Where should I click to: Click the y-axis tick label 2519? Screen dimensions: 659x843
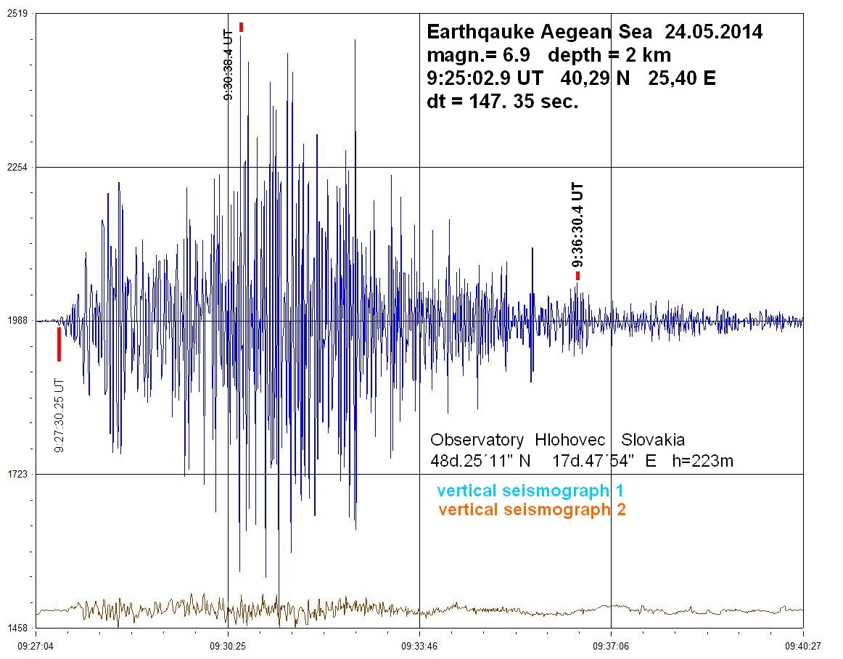point(16,14)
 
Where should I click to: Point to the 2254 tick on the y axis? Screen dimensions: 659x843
point(16,168)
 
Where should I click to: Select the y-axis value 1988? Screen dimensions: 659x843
point(16,321)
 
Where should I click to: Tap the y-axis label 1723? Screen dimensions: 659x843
point(16,475)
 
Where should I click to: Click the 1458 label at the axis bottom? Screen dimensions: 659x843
point(16,628)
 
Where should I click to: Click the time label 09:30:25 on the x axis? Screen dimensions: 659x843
point(228,643)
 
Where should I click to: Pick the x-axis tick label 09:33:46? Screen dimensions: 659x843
point(419,643)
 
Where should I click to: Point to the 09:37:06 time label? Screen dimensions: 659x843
point(611,643)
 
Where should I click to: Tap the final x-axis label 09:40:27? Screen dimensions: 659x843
point(802,643)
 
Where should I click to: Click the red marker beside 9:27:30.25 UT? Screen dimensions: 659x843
point(59,344)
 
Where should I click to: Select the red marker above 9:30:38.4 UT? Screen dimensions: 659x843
point(241,27)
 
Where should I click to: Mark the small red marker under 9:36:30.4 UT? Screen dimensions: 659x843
point(578,275)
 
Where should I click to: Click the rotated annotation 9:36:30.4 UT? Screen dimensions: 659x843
point(578,226)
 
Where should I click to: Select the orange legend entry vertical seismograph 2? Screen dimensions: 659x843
point(532,509)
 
